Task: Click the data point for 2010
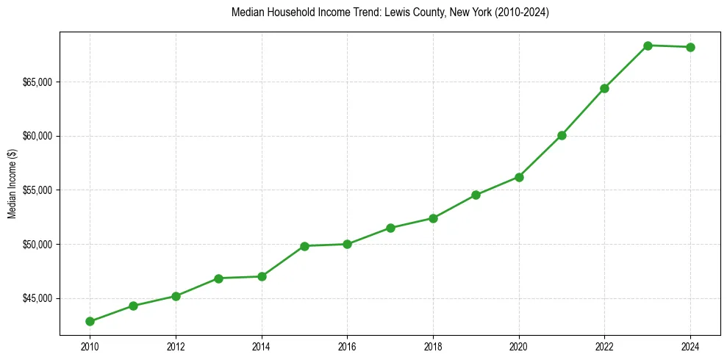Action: [90, 321]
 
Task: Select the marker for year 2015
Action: [304, 245]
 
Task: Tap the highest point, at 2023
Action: [648, 46]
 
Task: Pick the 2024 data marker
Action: [691, 47]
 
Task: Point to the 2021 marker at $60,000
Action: [562, 135]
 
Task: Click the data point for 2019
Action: [476, 195]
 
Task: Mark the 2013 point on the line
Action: [218, 278]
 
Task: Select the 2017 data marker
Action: [390, 228]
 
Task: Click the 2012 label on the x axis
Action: [176, 346]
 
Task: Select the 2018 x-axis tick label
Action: [433, 346]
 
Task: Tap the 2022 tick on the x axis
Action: [605, 346]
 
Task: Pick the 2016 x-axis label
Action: [347, 346]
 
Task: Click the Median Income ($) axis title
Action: [12, 190]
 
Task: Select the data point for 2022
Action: [605, 88]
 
